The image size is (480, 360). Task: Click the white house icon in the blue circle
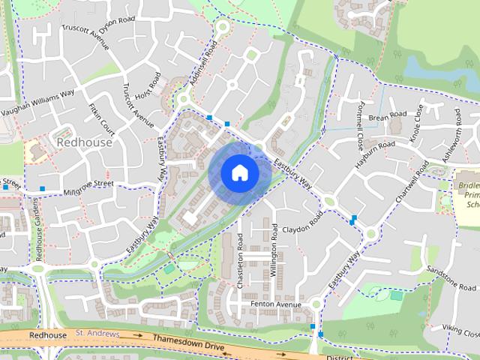point(239,172)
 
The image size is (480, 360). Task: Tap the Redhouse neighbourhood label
point(85,142)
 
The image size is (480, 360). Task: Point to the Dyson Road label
point(121,21)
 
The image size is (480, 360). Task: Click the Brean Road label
point(387,115)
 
